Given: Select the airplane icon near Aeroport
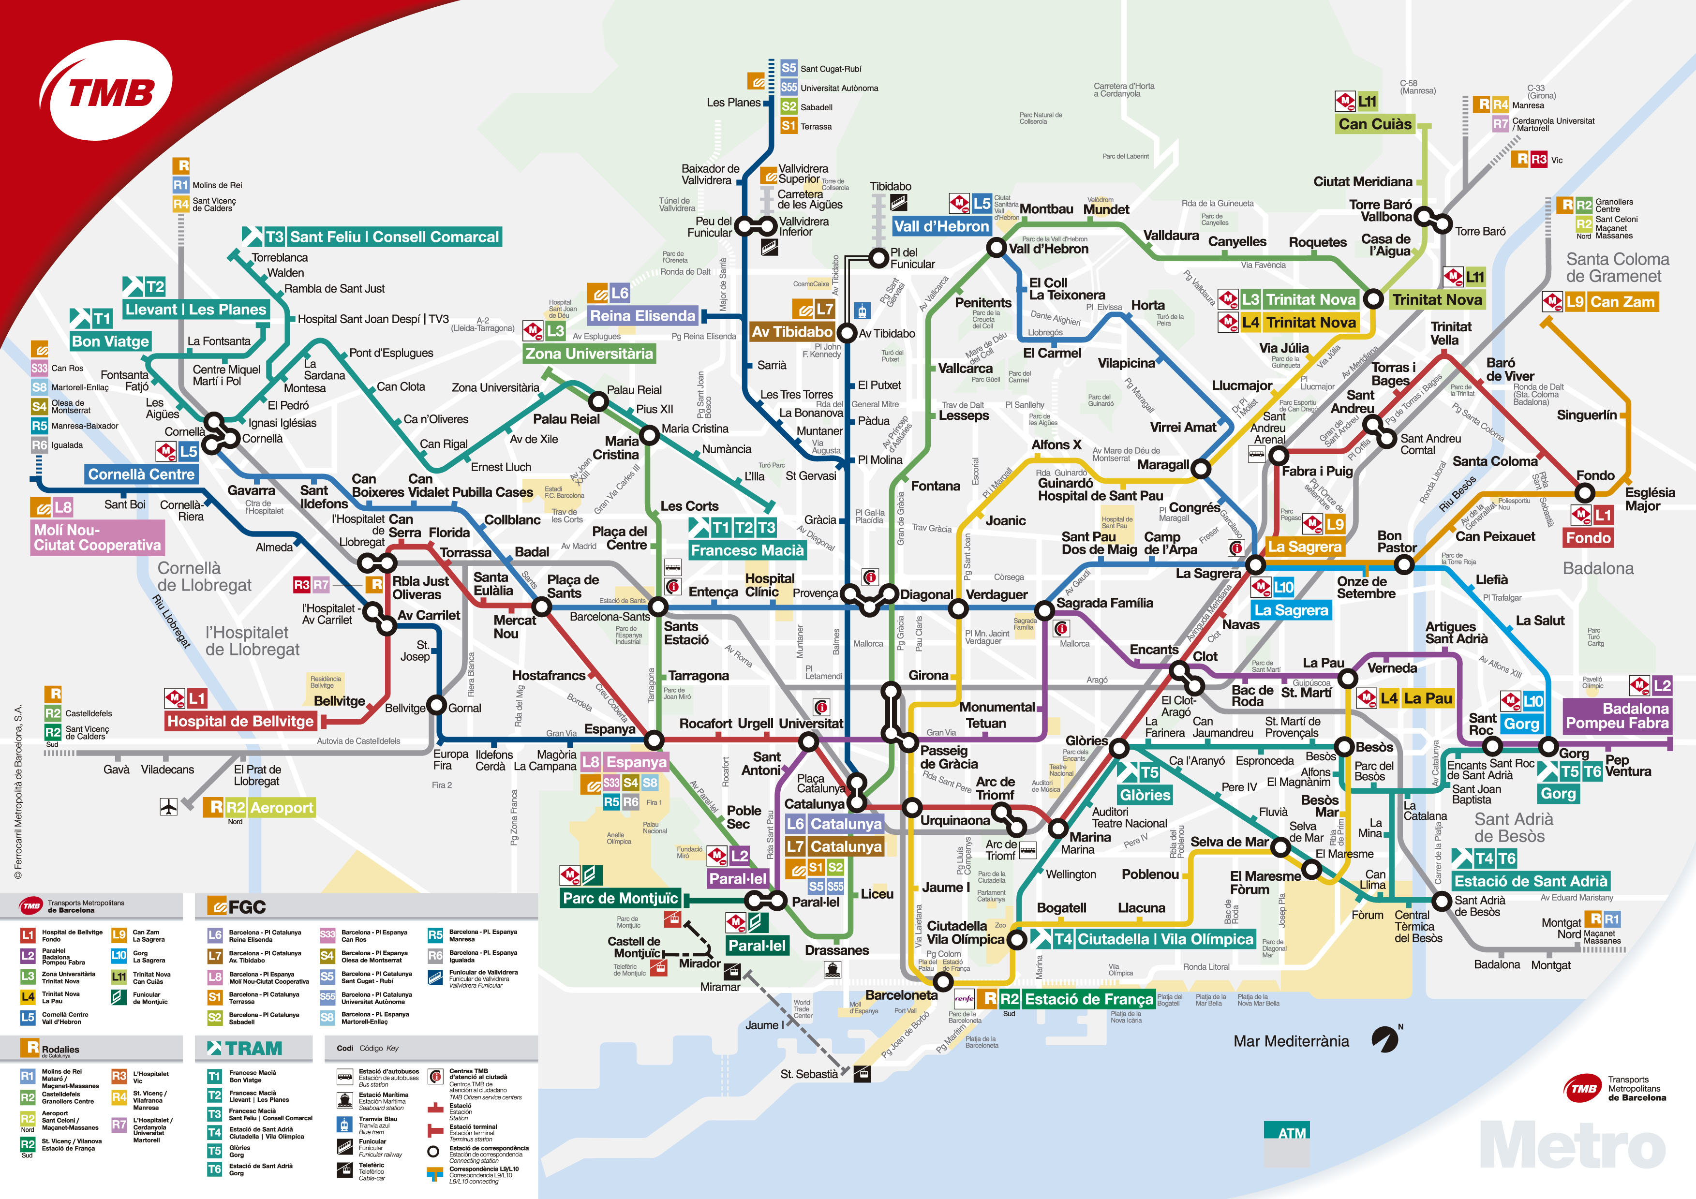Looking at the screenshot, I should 168,806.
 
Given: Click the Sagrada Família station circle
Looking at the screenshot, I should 1044,610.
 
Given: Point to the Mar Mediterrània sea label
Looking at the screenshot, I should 1291,1041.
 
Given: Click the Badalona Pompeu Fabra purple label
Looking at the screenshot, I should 1617,715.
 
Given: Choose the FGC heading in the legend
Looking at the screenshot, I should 238,906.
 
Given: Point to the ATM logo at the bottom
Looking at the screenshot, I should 1292,1133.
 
